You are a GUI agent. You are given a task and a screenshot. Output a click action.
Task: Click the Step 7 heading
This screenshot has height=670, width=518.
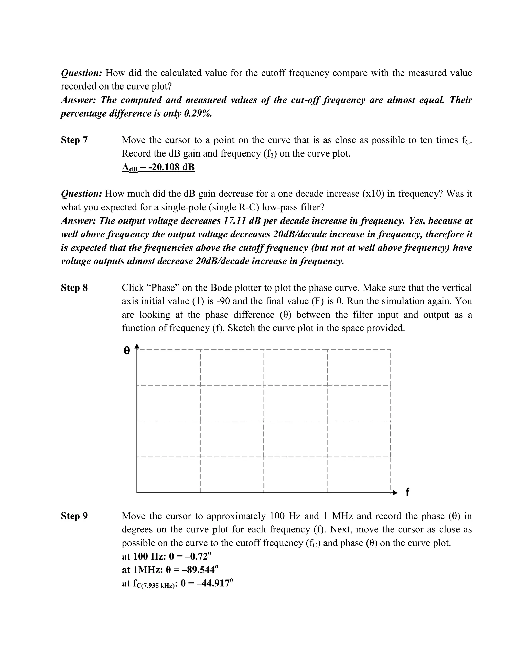[74, 140]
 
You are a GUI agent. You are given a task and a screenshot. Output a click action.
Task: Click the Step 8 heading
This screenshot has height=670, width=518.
[74, 288]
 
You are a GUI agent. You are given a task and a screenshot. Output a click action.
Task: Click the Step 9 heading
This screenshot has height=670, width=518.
[74, 516]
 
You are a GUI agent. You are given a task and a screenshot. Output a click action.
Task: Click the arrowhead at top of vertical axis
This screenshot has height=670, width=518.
[137, 346]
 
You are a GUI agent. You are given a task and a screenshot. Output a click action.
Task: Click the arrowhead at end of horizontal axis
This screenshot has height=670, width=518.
[395, 493]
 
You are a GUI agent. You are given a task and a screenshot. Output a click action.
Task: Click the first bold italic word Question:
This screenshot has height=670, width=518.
[82, 73]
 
